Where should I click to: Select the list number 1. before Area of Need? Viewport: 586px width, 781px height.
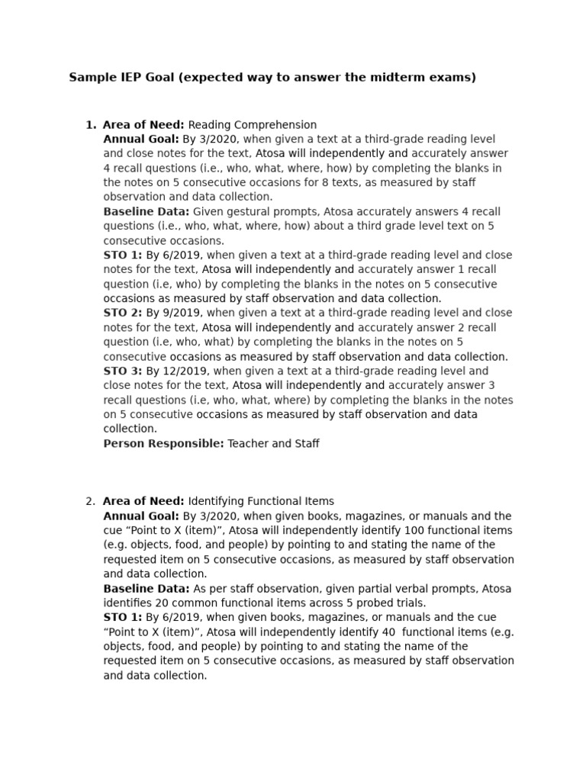(91, 125)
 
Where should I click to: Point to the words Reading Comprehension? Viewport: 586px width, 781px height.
(252, 125)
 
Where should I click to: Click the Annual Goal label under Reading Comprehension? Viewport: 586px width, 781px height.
(141, 140)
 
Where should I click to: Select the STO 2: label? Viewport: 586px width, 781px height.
(123, 313)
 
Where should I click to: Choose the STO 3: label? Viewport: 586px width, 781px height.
(123, 371)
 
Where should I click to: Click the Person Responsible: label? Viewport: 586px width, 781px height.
(163, 444)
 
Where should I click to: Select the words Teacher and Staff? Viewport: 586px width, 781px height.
(273, 444)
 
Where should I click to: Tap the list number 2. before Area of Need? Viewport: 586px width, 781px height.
(91, 502)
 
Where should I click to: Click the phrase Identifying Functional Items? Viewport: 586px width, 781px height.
(261, 502)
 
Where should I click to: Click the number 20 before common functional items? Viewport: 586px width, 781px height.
(161, 603)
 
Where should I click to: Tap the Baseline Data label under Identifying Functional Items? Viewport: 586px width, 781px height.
(146, 589)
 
